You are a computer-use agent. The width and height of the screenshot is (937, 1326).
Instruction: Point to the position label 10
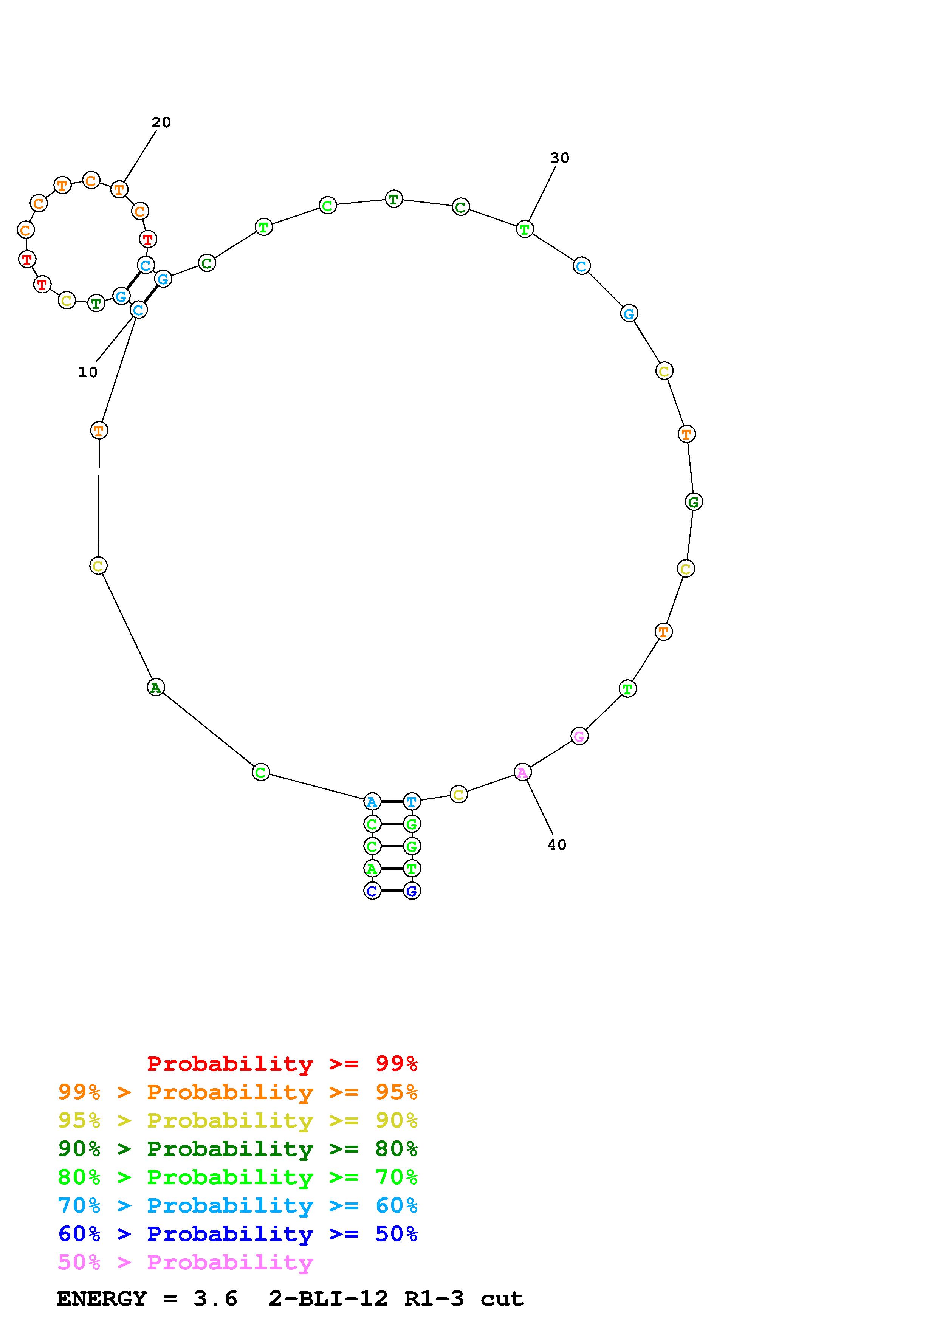(x=88, y=372)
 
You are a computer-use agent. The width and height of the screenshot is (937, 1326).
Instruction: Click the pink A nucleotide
(x=522, y=772)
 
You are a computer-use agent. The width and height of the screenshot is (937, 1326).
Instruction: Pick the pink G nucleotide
(x=579, y=736)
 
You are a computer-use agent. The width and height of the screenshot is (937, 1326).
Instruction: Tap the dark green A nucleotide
(x=156, y=687)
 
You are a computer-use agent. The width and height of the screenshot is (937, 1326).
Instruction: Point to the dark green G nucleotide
(x=694, y=502)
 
